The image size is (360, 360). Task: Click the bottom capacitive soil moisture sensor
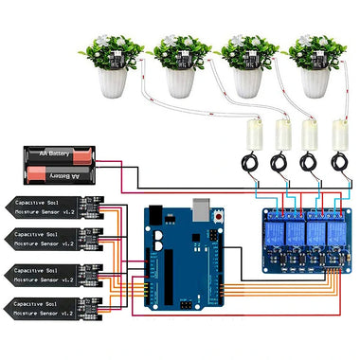coord(53,305)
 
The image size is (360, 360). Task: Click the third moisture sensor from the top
coord(53,273)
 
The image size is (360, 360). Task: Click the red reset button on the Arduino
coord(220,218)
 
